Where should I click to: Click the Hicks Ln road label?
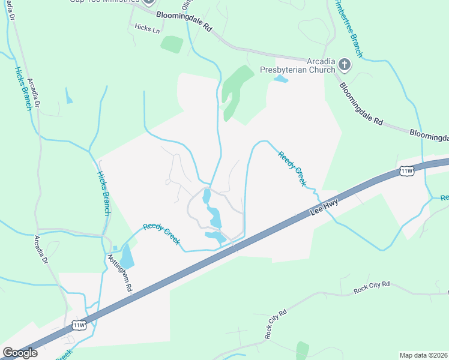click(x=147, y=28)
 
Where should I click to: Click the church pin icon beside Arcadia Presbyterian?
click(x=345, y=63)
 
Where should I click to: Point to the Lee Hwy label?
click(x=324, y=208)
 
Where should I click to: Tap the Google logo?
click(x=20, y=353)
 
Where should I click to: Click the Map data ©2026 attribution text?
click(x=423, y=355)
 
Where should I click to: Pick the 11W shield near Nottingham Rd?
click(x=79, y=325)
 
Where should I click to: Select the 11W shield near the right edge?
click(x=406, y=172)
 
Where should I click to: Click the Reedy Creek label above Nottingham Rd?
click(x=161, y=235)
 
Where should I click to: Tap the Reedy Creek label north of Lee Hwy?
click(x=292, y=168)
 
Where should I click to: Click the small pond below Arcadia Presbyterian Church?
click(x=280, y=79)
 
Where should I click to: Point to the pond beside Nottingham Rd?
click(x=128, y=256)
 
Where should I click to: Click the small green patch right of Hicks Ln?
click(x=172, y=44)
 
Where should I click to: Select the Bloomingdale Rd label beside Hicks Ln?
click(x=184, y=22)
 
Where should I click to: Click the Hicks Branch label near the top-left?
click(x=23, y=88)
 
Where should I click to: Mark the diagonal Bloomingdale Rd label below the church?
click(x=361, y=103)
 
